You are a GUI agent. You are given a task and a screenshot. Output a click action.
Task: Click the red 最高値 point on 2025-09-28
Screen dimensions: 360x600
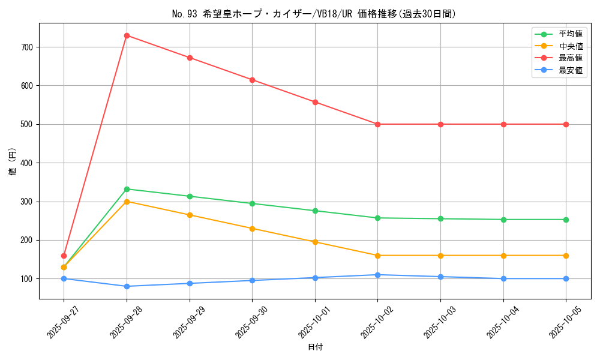pos(127,35)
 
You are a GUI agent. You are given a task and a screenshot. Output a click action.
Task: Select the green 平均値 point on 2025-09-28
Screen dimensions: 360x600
pos(127,189)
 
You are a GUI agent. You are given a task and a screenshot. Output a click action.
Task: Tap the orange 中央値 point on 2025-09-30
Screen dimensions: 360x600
pos(252,229)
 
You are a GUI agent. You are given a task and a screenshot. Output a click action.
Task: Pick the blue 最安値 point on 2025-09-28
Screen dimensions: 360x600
pos(127,286)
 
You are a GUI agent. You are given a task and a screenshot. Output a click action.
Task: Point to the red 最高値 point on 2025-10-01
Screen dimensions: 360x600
pos(315,102)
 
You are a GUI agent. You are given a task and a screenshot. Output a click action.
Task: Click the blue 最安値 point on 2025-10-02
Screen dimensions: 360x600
pos(377,275)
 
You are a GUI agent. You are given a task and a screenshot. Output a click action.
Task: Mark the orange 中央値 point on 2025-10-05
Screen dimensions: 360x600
pos(566,256)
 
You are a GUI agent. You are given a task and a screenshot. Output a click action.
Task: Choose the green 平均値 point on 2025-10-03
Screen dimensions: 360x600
pos(440,218)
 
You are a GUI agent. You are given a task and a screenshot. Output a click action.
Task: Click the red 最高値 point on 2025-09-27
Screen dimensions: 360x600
pos(64,256)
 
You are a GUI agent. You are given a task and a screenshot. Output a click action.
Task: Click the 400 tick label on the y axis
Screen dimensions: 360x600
pos(28,163)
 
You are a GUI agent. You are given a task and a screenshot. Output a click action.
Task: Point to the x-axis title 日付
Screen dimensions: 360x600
pos(315,347)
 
